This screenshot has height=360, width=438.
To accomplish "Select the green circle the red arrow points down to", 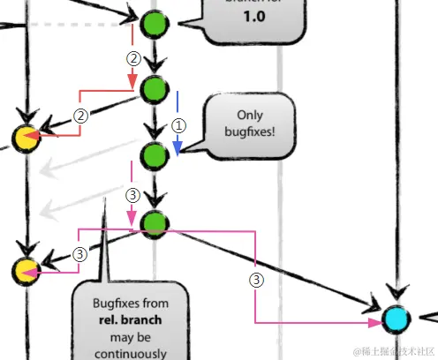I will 155,89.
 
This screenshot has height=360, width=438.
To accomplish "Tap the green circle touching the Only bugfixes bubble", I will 155,155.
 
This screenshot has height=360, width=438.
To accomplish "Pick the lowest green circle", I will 155,224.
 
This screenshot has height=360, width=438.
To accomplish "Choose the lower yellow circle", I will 26,271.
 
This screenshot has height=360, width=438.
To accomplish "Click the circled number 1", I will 177,125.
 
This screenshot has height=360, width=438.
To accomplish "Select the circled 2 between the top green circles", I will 133,59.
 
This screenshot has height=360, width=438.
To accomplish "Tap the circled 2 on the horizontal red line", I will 80,116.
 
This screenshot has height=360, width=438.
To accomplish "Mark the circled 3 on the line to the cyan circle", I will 256,281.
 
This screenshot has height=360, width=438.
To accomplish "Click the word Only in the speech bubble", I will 250,115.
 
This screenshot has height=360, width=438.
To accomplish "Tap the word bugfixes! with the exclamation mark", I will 250,132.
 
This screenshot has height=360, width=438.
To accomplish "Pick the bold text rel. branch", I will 130,320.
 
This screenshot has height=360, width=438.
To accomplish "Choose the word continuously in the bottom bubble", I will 131,352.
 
